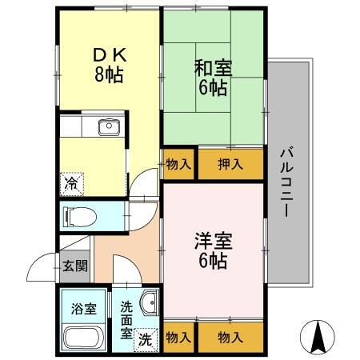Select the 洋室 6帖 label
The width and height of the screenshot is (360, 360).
point(213,250)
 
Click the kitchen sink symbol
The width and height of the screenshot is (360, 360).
point(107,126)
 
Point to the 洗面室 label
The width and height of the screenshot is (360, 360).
point(127,318)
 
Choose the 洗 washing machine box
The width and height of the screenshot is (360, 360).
point(146,338)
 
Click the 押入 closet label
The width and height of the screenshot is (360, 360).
point(230,165)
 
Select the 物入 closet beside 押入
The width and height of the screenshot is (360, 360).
point(178,165)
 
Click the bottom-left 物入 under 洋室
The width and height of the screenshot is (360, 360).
point(178,338)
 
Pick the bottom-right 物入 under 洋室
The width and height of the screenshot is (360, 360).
point(230,338)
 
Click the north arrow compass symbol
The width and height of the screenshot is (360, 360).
point(317,336)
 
